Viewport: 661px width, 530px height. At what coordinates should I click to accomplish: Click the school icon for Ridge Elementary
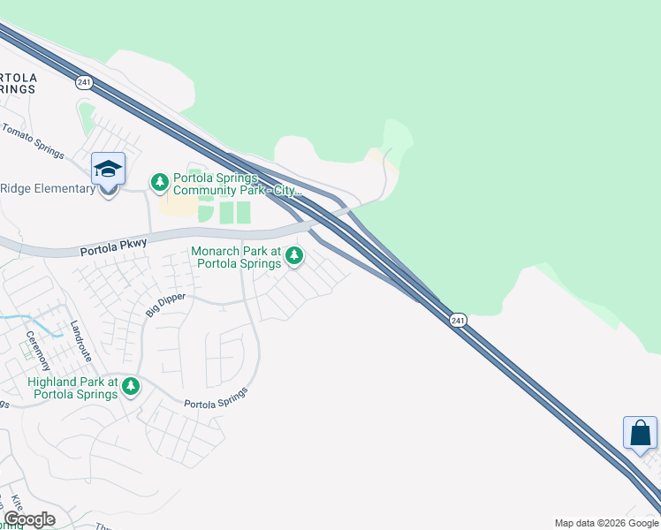(x=108, y=170)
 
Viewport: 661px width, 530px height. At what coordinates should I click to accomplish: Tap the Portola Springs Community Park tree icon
(x=160, y=183)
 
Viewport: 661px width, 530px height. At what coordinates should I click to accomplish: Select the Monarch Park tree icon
(x=294, y=257)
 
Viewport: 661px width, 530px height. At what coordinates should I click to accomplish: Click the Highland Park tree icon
(x=131, y=386)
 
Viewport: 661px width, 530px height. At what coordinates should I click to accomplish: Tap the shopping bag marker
(x=640, y=434)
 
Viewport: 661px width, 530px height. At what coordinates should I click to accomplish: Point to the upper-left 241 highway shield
(x=85, y=82)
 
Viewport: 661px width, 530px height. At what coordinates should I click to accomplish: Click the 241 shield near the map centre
(x=457, y=321)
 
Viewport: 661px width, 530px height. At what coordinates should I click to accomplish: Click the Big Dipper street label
(x=165, y=306)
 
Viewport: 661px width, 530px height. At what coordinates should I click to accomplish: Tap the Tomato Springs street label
(x=33, y=141)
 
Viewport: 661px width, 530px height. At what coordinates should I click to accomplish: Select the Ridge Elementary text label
(x=47, y=188)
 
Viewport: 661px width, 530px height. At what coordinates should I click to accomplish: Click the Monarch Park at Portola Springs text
(x=237, y=257)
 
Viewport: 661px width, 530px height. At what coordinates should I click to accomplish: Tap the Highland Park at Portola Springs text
(x=72, y=388)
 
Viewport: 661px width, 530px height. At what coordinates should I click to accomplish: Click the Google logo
(x=29, y=519)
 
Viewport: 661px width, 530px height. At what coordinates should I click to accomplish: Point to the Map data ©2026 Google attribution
(x=606, y=524)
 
